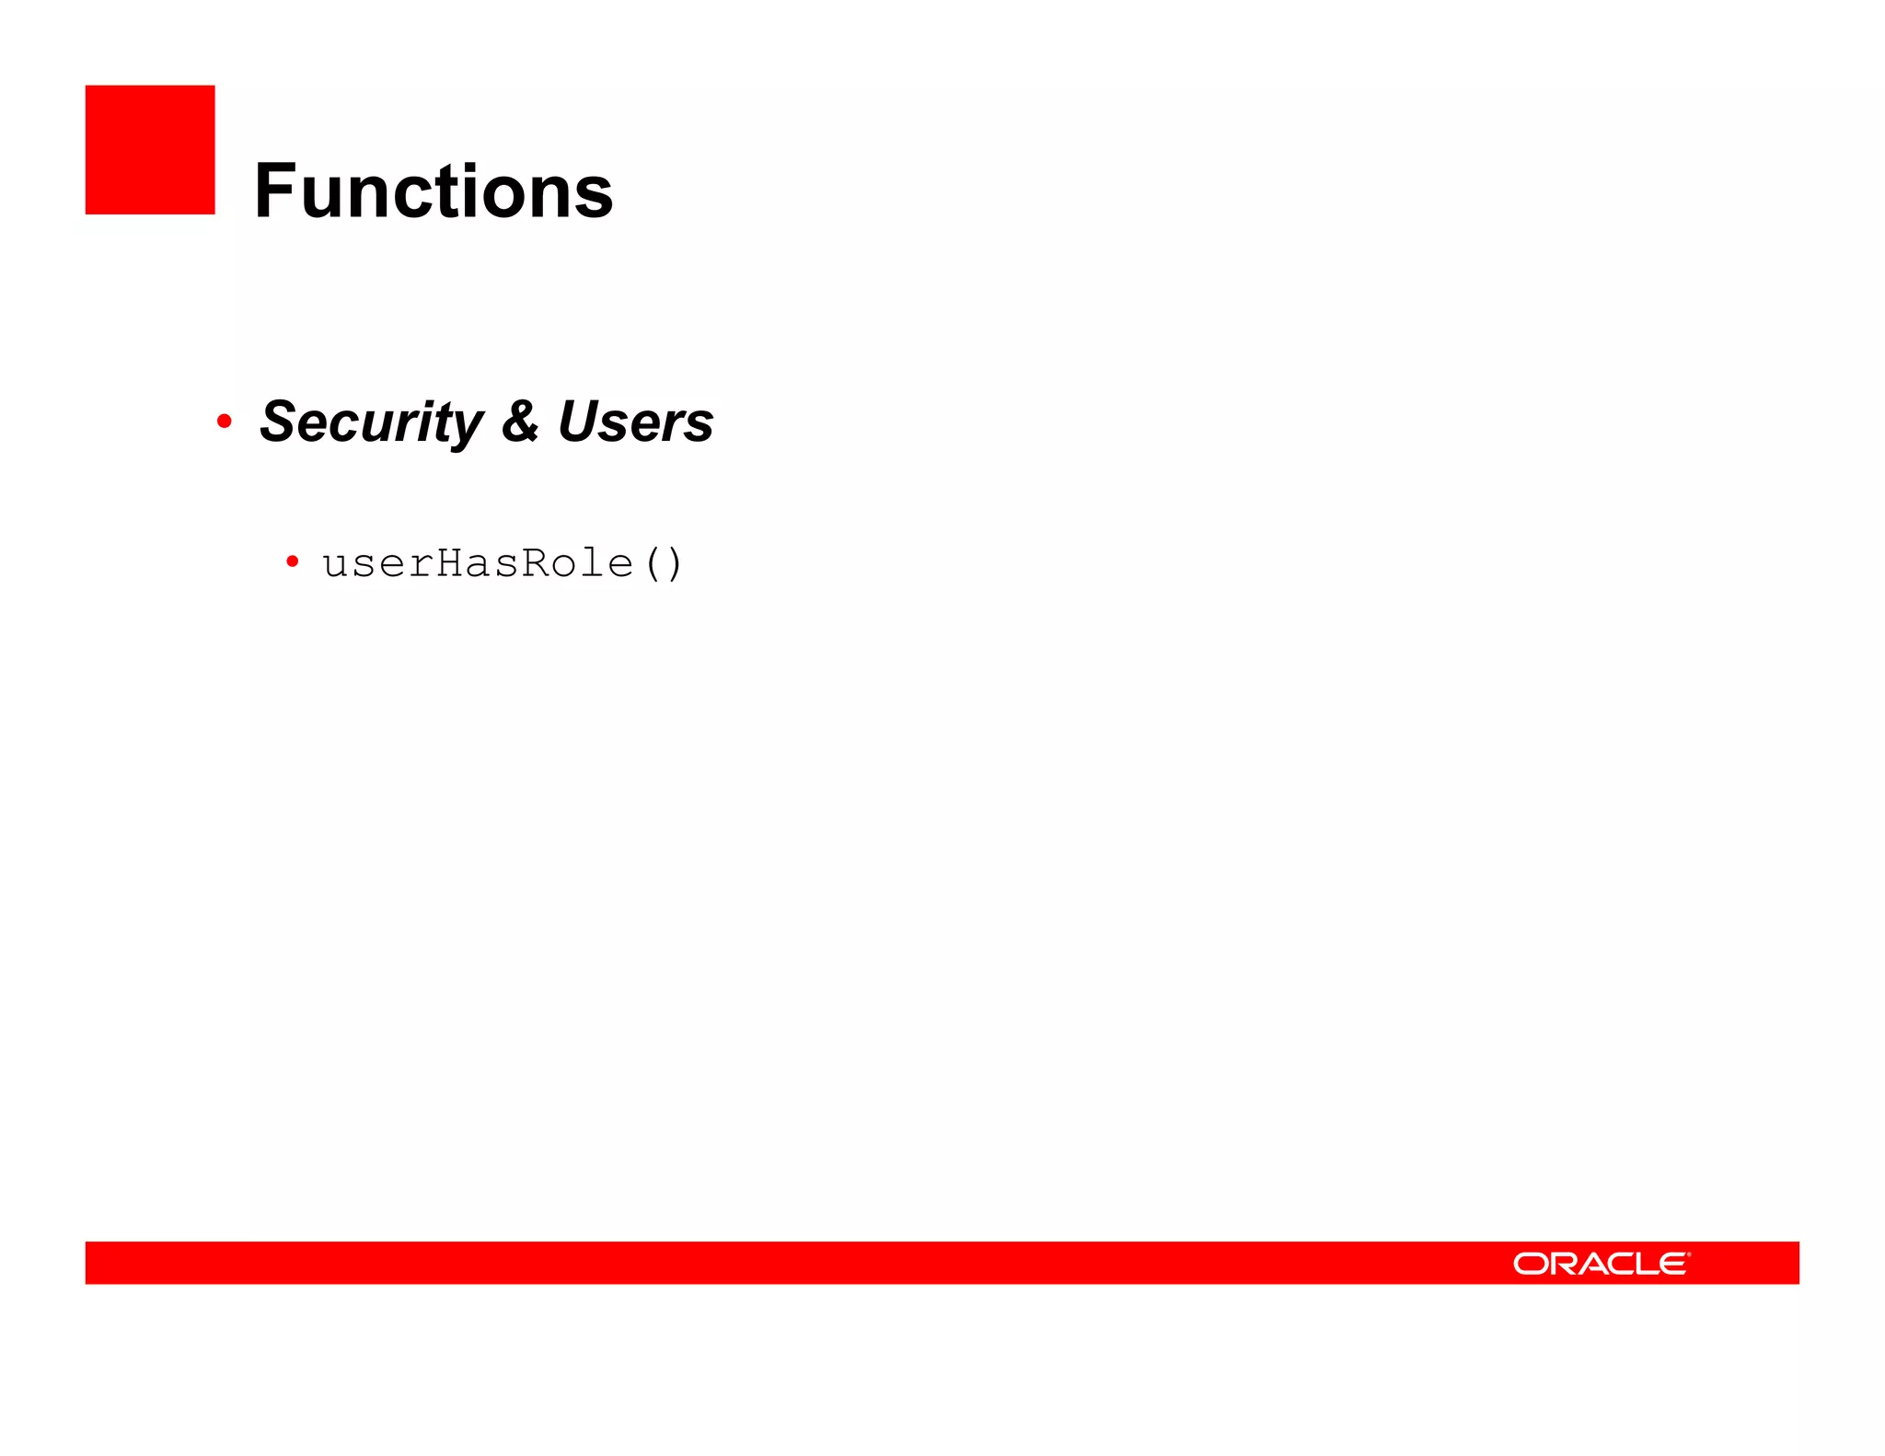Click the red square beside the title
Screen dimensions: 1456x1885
pyautogui.click(x=150, y=150)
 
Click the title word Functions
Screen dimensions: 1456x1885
pyautogui.click(x=434, y=191)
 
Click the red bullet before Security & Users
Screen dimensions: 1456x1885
pyautogui.click(x=224, y=422)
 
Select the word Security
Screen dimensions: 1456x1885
pyautogui.click(x=371, y=422)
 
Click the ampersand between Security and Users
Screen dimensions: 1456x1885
pyautogui.click(x=520, y=422)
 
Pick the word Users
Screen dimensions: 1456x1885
pyautogui.click(x=635, y=422)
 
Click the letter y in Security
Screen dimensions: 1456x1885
pyautogui.click(x=468, y=427)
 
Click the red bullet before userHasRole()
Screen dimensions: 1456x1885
pyautogui.click(x=293, y=560)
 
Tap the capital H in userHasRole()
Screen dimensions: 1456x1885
pyautogui.click(x=450, y=562)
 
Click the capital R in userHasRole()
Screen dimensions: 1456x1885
pyautogui.click(x=536, y=562)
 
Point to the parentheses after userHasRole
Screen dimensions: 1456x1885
pyautogui.click(x=664, y=563)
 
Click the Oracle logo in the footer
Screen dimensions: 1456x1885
pyautogui.click(x=1601, y=1264)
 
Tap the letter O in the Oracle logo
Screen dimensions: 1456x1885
pyautogui.click(x=1532, y=1264)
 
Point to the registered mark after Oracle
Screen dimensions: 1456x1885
pyautogui.click(x=1689, y=1254)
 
